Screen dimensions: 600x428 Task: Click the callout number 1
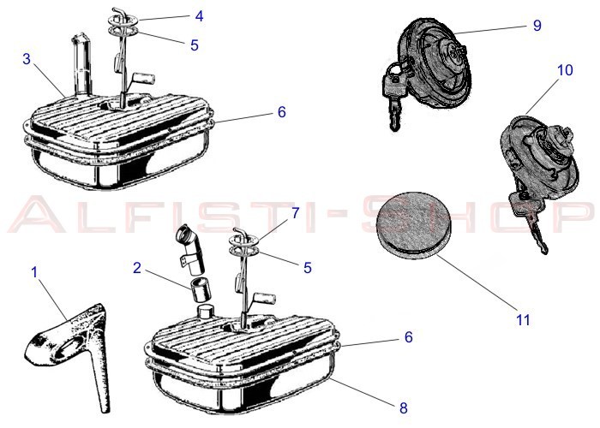point(34,272)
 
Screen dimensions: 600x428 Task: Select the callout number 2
point(137,268)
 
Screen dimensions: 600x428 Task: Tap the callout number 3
point(27,59)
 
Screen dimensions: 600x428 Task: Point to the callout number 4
point(199,16)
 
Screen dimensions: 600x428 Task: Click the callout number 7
point(295,213)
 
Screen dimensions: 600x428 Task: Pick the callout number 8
point(404,407)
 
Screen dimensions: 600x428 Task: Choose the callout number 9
point(537,25)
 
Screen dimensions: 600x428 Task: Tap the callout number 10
point(565,70)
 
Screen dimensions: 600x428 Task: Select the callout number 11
point(523,319)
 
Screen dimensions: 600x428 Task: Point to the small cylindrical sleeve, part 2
point(201,290)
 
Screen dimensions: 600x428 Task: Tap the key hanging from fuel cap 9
point(393,98)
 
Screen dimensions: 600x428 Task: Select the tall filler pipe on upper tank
point(81,65)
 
